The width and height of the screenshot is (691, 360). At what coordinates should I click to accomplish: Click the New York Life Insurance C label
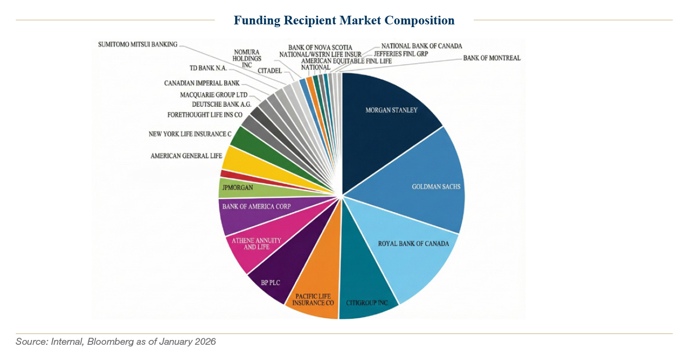(x=190, y=134)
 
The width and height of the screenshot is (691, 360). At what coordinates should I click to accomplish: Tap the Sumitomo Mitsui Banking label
(x=138, y=44)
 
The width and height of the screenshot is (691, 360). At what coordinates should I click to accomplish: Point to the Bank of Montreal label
(x=492, y=58)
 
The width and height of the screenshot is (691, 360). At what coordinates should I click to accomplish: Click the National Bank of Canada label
(x=422, y=46)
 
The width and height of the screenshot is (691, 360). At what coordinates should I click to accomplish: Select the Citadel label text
(x=269, y=70)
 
